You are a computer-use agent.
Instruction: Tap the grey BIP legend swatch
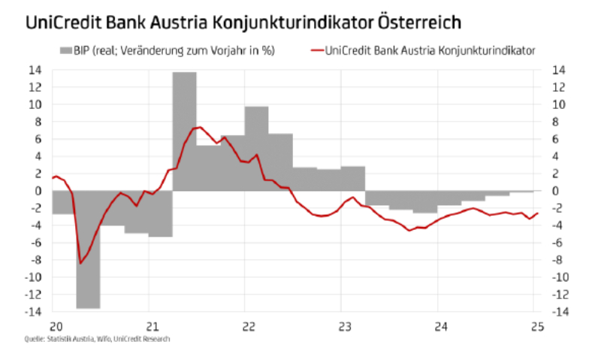tap(65, 50)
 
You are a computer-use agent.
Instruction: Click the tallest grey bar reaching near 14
tap(185, 128)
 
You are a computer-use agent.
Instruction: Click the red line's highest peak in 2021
tap(197, 127)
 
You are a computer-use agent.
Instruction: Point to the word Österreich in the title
tap(421, 22)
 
